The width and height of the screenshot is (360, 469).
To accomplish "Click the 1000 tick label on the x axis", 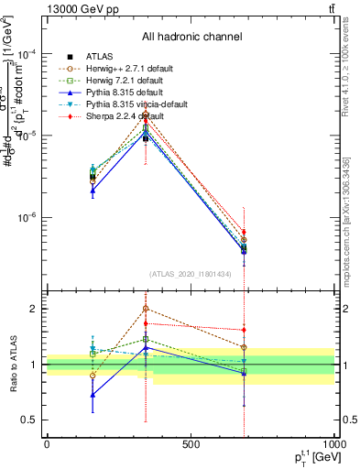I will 333,445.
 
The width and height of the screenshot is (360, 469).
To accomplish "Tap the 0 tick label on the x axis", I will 47,445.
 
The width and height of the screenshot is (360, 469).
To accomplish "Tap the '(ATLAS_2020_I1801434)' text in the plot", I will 190,275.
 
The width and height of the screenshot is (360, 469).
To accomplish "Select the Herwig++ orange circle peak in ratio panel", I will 146,309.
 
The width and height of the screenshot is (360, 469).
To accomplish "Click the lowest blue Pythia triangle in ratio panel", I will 93,395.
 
